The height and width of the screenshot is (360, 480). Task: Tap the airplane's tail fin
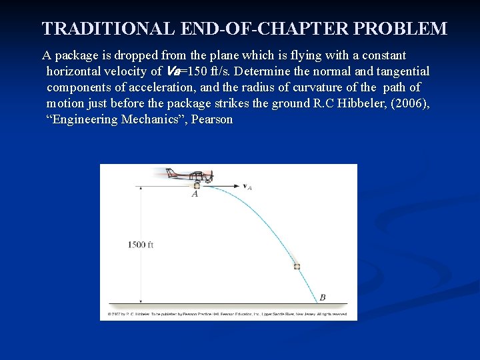171,172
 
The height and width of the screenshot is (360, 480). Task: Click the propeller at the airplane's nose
213,177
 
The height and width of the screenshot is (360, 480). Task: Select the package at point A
197,186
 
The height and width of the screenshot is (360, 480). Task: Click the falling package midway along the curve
297,266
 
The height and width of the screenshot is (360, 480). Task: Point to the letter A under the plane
195,195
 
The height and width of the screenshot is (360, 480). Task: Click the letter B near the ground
323,297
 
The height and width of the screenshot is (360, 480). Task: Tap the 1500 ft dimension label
141,245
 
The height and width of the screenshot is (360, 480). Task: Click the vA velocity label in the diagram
247,187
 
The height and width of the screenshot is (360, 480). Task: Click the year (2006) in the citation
408,103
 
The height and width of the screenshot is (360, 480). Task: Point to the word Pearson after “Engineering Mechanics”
211,120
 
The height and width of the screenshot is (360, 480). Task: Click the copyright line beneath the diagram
227,313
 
